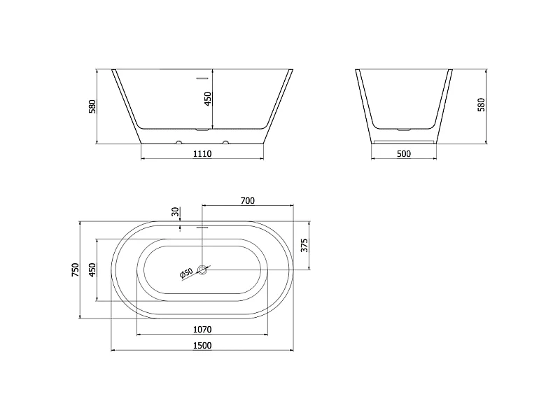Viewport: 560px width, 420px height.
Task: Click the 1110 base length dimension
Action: pos(202,153)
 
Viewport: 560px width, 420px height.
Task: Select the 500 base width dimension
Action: pos(404,153)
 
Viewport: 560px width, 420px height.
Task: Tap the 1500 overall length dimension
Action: pos(202,345)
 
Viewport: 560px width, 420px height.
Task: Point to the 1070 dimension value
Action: pos(202,329)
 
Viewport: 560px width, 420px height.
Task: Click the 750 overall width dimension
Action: pos(76,269)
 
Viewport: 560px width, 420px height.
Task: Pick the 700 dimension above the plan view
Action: pos(248,201)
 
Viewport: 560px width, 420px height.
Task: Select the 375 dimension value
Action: pos(304,246)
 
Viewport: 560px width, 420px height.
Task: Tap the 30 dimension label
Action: pos(175,212)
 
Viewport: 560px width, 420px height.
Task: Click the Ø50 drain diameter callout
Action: pos(186,273)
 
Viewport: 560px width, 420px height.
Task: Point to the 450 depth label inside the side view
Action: pos(208,99)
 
